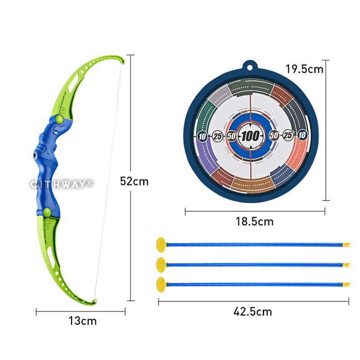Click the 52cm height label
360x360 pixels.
tap(134, 181)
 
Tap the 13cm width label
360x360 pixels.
tap(82, 321)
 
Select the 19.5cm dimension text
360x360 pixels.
tap(305, 69)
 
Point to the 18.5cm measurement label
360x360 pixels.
tap(255, 221)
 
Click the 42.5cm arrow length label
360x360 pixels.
tap(253, 311)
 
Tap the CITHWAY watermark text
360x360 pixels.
tap(61, 184)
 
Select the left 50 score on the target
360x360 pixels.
tap(231, 135)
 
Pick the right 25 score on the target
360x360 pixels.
tap(288, 135)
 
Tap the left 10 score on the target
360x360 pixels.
tap(202, 136)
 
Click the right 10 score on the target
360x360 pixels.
tap(302, 135)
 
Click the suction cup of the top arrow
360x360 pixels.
tap(161, 245)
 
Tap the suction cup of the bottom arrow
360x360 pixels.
tap(161, 284)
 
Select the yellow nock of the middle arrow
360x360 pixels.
tap(346, 265)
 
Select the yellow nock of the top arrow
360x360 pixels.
tap(346, 245)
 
